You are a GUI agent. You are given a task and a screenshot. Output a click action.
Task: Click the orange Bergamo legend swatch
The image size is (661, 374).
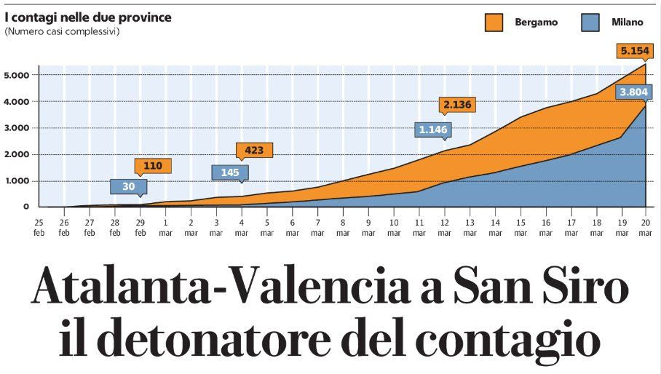(495, 23)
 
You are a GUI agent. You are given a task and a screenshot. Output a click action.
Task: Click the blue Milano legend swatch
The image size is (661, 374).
(590, 23)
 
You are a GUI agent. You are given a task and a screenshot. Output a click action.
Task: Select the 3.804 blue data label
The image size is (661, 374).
(630, 92)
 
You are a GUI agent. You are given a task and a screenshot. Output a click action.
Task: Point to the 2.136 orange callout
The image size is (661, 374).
(457, 105)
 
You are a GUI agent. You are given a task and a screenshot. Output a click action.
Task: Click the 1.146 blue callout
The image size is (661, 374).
(433, 130)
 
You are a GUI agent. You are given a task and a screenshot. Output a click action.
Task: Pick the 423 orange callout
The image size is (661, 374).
(255, 151)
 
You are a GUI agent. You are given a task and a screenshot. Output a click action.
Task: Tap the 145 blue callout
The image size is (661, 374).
(230, 172)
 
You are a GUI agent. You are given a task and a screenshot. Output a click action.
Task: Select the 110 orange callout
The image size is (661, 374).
(153, 165)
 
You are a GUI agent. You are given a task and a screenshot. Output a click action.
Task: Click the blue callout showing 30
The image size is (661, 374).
(128, 186)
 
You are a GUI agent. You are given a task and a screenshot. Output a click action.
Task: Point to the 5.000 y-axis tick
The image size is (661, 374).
(16, 75)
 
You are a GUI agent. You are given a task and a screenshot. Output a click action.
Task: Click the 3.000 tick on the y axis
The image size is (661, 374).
(16, 128)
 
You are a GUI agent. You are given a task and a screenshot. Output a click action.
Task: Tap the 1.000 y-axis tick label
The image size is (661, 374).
(16, 181)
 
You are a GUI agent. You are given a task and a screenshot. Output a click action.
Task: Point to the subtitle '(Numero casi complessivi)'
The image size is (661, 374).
(62, 31)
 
